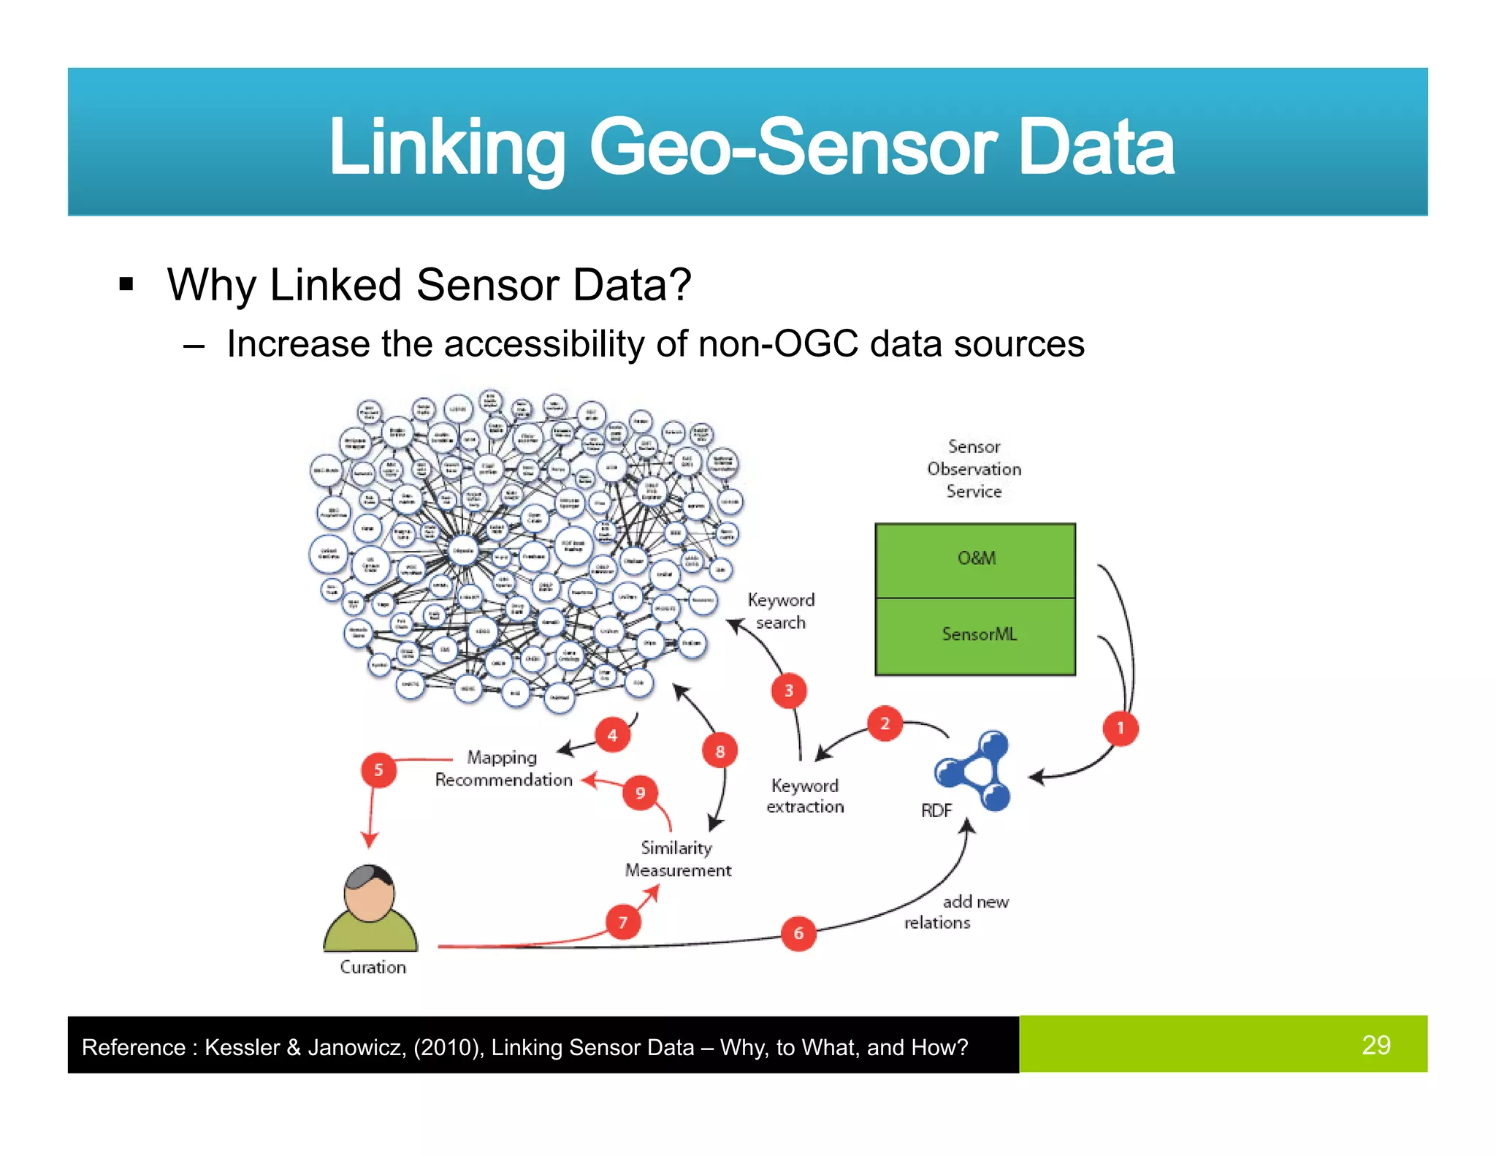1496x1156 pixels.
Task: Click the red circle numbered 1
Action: click(1120, 728)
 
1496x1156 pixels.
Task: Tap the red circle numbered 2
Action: click(885, 723)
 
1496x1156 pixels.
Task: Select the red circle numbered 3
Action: click(788, 691)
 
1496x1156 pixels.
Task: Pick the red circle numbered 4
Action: click(612, 735)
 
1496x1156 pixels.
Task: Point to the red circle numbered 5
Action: click(378, 769)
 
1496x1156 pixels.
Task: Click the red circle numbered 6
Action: click(798, 933)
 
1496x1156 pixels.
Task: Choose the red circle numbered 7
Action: click(623, 922)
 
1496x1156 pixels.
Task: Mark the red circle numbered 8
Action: click(720, 751)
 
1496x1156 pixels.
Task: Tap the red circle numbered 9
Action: click(640, 793)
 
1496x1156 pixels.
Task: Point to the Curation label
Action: click(373, 967)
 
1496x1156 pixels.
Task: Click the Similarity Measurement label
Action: click(677, 859)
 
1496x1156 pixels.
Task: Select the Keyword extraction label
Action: click(804, 796)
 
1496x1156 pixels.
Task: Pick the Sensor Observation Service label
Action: click(974, 468)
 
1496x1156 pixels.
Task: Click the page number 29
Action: click(1375, 1044)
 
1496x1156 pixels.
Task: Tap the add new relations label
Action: click(956, 912)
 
